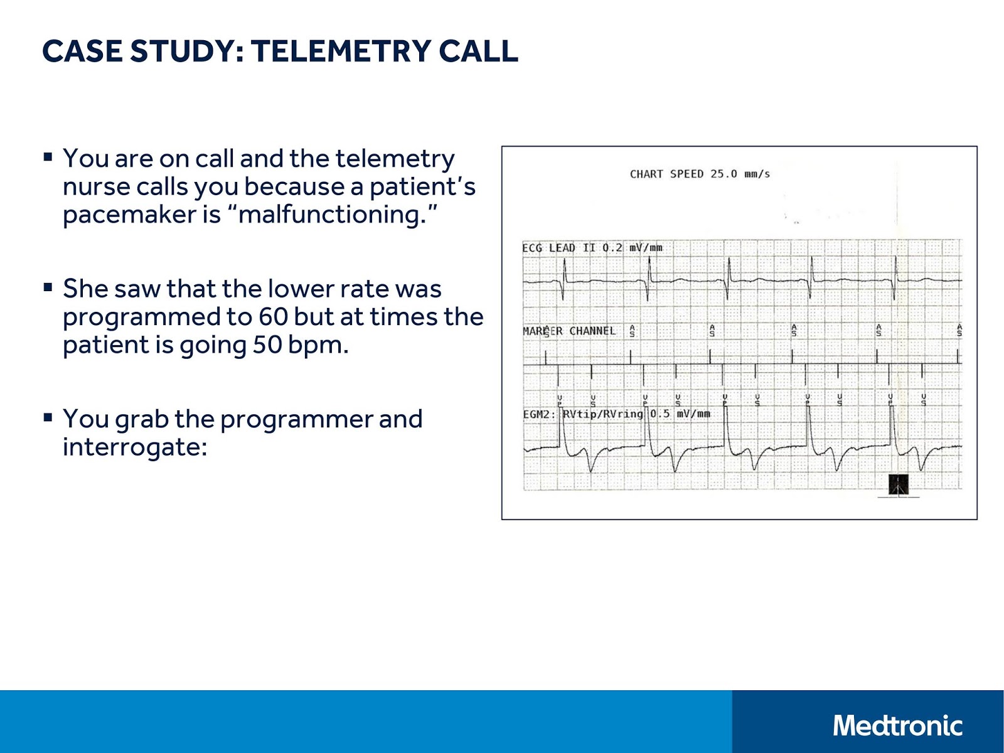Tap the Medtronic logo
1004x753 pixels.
point(897,726)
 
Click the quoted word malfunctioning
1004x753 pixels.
point(331,215)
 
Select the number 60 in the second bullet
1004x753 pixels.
point(273,318)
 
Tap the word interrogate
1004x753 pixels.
point(134,447)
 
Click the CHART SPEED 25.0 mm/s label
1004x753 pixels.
point(700,174)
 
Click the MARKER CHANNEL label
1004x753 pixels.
point(569,331)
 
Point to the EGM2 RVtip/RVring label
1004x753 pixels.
point(584,414)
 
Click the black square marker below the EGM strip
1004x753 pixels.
point(899,485)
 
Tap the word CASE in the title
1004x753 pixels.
point(82,51)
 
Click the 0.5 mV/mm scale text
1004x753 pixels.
point(680,414)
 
